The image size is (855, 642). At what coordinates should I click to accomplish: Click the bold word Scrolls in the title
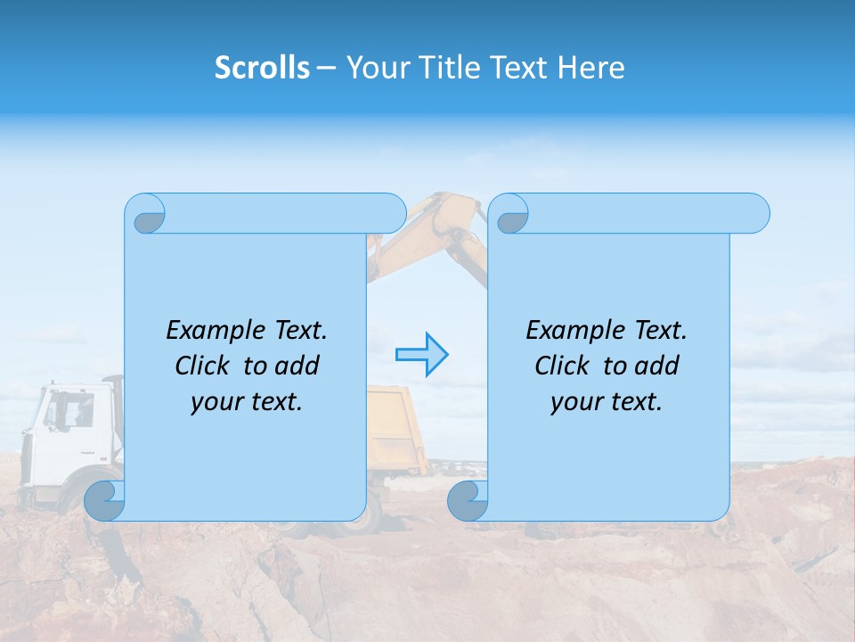click(262, 67)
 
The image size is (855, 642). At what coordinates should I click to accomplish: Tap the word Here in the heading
click(590, 67)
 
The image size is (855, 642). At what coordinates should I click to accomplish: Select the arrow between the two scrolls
click(421, 355)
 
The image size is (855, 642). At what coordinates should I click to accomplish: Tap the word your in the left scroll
click(214, 401)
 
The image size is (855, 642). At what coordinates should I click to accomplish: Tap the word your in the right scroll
click(574, 401)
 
